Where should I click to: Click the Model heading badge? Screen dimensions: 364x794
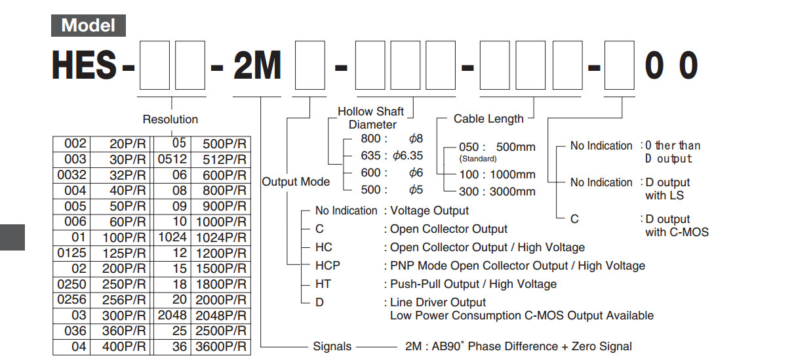pyautogui.click(x=88, y=26)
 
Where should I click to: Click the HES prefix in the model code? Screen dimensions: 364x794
pyautogui.click(x=85, y=66)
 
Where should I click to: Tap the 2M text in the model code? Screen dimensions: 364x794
pyautogui.click(x=257, y=66)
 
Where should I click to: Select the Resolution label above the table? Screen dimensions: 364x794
pyautogui.click(x=170, y=119)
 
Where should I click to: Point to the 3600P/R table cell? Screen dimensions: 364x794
pyautogui.click(x=220, y=347)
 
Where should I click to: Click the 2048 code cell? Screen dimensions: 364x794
pyautogui.click(x=172, y=315)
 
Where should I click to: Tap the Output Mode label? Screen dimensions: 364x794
pyautogui.click(x=296, y=182)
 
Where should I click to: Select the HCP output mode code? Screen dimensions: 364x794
pyautogui.click(x=328, y=266)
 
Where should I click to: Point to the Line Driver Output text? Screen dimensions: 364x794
pyautogui.click(x=438, y=302)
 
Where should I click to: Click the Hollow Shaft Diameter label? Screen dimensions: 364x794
pyautogui.click(x=371, y=118)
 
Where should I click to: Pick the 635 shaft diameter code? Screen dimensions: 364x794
pyautogui.click(x=370, y=156)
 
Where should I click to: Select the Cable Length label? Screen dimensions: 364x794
pyautogui.click(x=488, y=119)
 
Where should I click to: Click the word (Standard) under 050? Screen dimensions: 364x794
pyautogui.click(x=477, y=159)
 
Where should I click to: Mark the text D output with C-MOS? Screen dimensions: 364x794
pyautogui.click(x=676, y=225)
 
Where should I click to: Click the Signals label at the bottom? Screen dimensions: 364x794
pyautogui.click(x=332, y=346)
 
